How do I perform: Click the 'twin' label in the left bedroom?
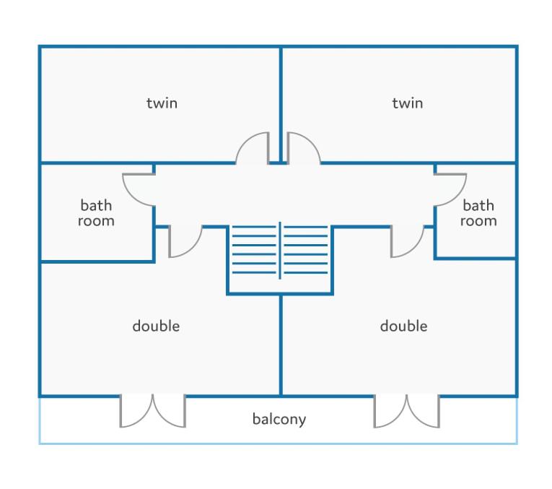(x=162, y=103)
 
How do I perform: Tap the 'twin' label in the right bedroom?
(x=408, y=103)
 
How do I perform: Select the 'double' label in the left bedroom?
(x=156, y=326)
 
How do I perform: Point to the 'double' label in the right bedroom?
(x=404, y=326)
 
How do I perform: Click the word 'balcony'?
(x=279, y=419)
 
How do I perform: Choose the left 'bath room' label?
(x=96, y=213)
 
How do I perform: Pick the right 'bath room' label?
(x=478, y=213)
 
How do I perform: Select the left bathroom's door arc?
(x=131, y=196)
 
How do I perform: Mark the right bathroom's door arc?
(x=458, y=196)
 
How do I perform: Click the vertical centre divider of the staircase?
(x=280, y=251)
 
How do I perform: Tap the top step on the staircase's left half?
(x=254, y=227)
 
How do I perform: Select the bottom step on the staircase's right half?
(x=306, y=272)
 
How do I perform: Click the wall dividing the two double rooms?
(x=281, y=345)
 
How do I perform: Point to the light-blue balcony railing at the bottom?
(x=278, y=443)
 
